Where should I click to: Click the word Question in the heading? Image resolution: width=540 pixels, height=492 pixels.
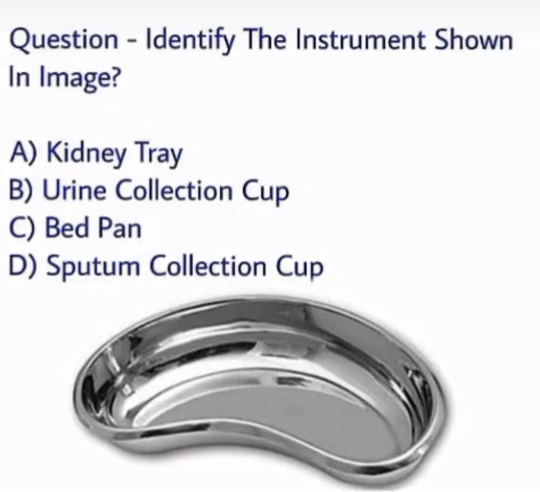point(63,41)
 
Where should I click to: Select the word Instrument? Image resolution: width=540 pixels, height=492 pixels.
point(361,41)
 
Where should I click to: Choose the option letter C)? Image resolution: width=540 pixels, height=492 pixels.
point(24,228)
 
